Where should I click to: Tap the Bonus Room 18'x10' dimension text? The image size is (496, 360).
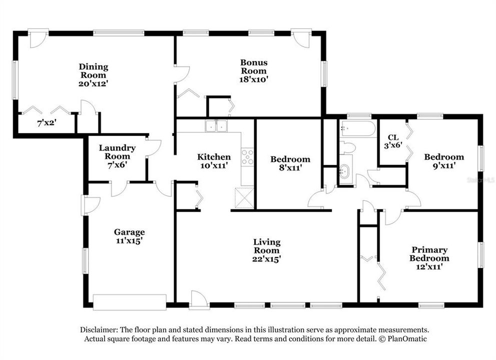254,79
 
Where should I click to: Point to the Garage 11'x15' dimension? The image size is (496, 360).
129,240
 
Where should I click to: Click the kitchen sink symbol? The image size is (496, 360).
216,127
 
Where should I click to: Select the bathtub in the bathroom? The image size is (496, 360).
357,129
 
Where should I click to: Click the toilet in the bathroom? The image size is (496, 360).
347,147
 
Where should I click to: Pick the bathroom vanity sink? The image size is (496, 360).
345,171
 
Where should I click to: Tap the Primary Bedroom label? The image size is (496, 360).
429,254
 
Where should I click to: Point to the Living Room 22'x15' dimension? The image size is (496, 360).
266,259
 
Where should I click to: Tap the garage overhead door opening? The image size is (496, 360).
130,302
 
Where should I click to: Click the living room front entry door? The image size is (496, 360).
198,301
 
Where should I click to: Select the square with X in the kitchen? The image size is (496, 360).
244,197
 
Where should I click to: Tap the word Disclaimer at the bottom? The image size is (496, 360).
99,330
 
